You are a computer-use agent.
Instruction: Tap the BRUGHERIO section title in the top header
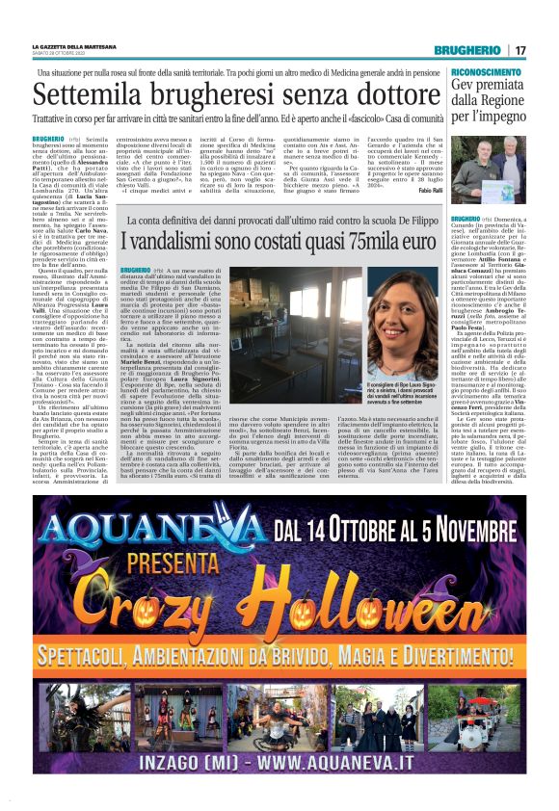(467, 49)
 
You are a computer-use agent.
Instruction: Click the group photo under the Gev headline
(491, 157)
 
